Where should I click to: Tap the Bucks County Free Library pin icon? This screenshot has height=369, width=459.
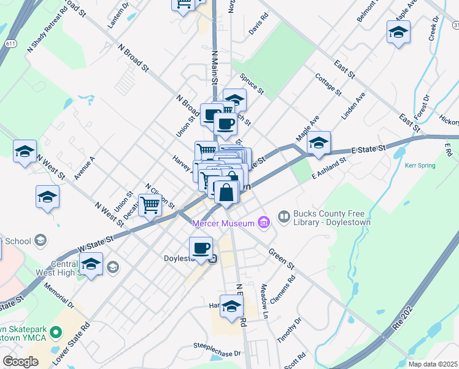point(284,216)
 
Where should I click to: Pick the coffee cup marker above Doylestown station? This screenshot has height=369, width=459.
point(201,248)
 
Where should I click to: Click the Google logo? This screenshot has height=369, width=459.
point(20,361)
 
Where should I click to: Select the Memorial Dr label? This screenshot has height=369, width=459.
point(60,296)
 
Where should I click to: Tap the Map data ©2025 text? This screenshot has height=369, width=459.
point(432,364)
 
